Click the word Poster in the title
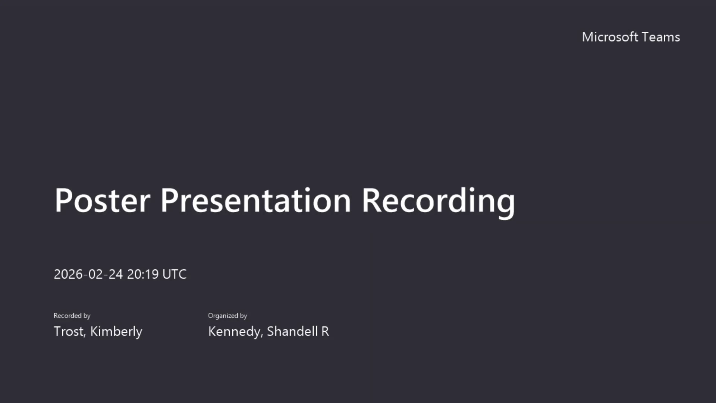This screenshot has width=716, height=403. pos(103,200)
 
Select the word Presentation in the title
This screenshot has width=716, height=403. pos(256,200)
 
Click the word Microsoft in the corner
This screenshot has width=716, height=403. pos(610,37)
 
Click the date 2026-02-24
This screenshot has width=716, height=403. pos(88,274)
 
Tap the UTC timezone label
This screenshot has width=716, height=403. pos(175,274)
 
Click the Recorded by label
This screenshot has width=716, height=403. pos(72,316)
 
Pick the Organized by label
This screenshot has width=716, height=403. pos(227,316)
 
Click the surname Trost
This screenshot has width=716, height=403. pos(69,331)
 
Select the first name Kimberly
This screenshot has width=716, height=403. pos(116,332)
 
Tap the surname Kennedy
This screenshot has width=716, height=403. pos(234,332)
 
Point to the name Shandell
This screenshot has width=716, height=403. pos(292,331)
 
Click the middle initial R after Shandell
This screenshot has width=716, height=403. pos(325,331)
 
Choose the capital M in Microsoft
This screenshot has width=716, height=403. pos(588,37)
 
